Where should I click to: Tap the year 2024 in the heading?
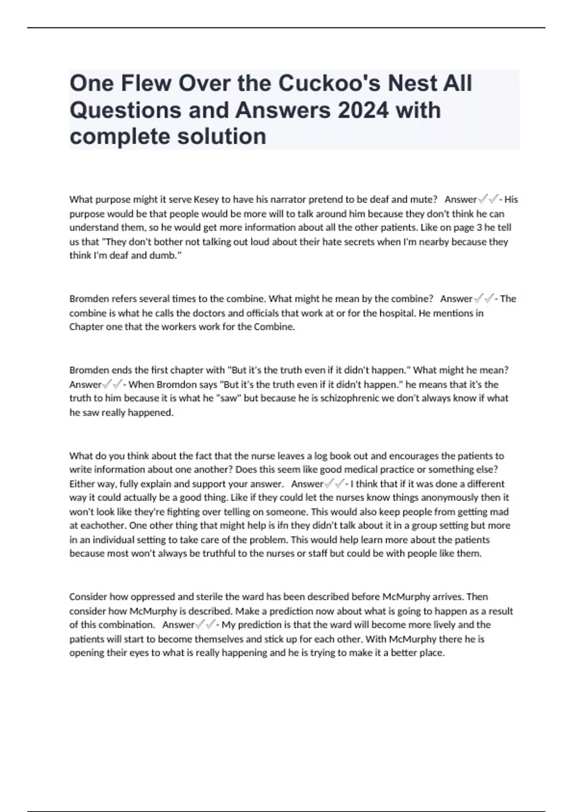click(x=363, y=110)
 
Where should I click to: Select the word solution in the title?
click(x=222, y=137)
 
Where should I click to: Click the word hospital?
click(x=399, y=313)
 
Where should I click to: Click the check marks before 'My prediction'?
click(x=206, y=625)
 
